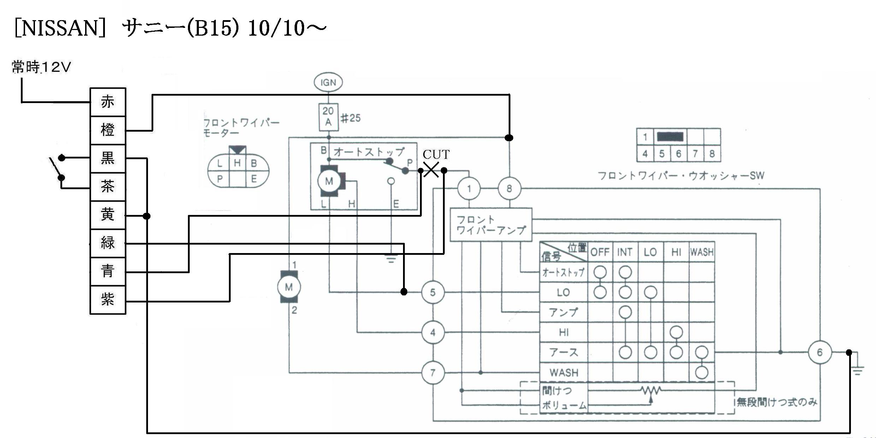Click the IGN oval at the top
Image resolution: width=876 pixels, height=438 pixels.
point(328,82)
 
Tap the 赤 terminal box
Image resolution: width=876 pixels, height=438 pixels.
point(108,102)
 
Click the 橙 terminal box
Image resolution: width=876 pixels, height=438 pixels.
point(108,130)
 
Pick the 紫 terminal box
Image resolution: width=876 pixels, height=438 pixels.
point(108,300)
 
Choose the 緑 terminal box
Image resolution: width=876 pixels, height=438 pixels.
point(108,243)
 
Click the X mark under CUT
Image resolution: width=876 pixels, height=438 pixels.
point(431,170)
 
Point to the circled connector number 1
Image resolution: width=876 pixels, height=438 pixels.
point(469,188)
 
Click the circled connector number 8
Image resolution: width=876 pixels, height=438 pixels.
point(509,188)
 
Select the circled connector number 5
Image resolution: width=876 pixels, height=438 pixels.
point(433,292)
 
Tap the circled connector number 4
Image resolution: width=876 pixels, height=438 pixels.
point(433,332)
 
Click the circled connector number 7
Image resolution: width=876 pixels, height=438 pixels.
point(433,372)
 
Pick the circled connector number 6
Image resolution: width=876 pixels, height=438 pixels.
point(820,352)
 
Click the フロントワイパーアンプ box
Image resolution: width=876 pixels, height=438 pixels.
point(491,225)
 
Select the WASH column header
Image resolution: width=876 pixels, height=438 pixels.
point(702,252)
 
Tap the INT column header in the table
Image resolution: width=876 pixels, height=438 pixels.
point(625,252)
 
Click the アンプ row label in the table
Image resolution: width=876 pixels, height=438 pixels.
point(564,312)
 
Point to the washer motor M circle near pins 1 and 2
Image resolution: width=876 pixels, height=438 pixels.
point(289,287)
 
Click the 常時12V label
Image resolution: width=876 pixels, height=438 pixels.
point(41,67)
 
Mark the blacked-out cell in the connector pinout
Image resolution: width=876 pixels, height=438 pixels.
point(670,137)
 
